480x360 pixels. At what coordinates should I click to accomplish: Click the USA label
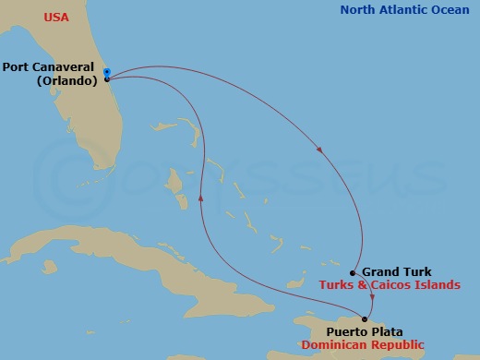tap(56, 17)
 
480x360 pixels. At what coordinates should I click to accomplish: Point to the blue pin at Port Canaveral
tap(107, 72)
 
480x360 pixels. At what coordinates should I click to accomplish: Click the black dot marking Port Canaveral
tap(107, 79)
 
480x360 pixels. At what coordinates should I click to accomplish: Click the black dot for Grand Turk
tap(354, 272)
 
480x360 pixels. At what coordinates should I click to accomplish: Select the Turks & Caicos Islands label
tap(390, 285)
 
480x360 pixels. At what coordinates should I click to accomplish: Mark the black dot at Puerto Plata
tap(366, 319)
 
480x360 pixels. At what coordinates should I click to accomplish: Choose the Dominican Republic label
tap(363, 344)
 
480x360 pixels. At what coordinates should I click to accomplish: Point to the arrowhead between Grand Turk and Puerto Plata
tap(371, 298)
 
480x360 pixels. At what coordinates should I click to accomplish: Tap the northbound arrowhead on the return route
tap(200, 198)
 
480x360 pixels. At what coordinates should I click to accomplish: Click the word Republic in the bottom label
tap(398, 344)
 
